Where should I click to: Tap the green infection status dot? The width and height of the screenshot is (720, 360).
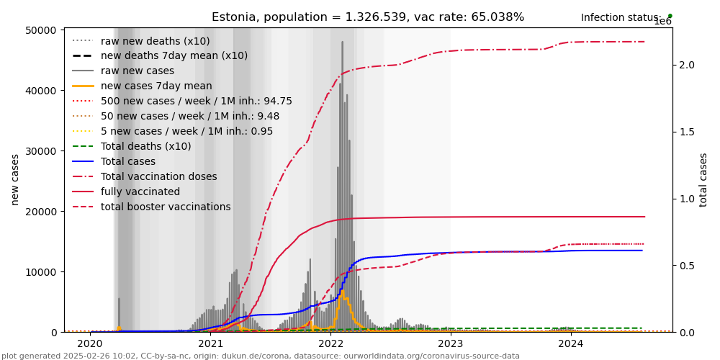pyautogui.click(x=670, y=15)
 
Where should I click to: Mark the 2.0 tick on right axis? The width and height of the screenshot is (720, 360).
pyautogui.click(x=686, y=65)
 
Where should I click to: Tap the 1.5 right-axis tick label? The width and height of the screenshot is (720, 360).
pyautogui.click(x=686, y=132)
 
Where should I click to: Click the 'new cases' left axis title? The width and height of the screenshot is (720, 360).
pyautogui.click(x=15, y=179)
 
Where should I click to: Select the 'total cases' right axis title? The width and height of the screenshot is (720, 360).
pyautogui.click(x=703, y=179)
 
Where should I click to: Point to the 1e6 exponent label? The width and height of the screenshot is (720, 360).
pyautogui.click(x=662, y=22)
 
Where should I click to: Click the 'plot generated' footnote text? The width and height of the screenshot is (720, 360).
pyautogui.click(x=260, y=356)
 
